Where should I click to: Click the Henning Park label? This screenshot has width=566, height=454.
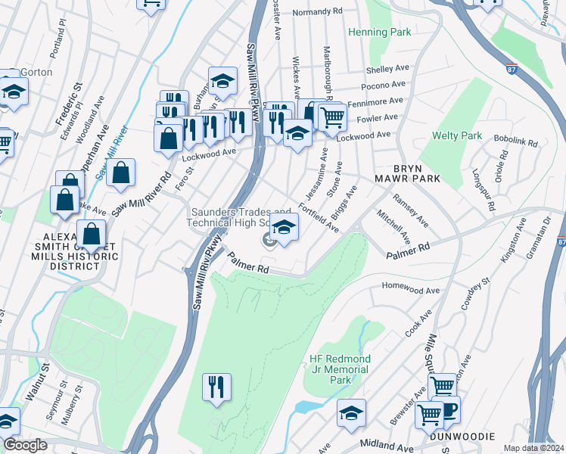[380, 33]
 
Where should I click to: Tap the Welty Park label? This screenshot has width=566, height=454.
[456, 136]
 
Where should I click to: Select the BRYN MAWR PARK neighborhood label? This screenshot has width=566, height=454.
[406, 173]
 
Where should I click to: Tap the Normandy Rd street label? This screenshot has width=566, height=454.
[317, 12]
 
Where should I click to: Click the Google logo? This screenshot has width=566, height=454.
[25, 445]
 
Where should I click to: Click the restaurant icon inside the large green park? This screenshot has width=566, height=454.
[216, 387]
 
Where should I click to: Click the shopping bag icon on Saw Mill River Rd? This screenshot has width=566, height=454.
[120, 173]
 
